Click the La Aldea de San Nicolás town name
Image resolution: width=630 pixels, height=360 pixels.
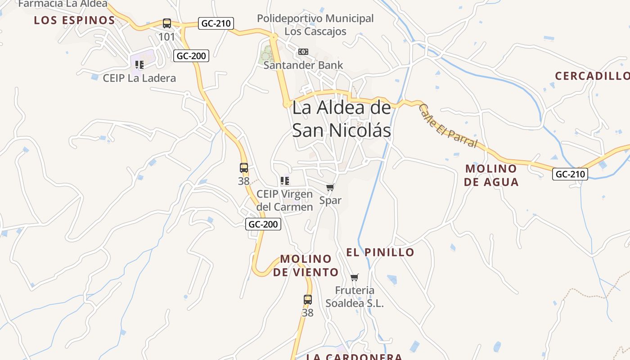click(342, 119)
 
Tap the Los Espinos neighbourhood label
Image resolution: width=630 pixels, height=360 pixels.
click(75, 20)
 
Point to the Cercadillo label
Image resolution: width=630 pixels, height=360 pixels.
click(592, 76)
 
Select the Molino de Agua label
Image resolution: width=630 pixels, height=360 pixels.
click(491, 175)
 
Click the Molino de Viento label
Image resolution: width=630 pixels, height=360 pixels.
click(306, 265)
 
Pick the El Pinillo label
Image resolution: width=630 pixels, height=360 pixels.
click(380, 252)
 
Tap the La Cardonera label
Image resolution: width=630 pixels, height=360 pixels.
click(354, 357)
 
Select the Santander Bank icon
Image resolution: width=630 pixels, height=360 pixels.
click(303, 52)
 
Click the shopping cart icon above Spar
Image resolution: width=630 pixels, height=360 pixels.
click(330, 187)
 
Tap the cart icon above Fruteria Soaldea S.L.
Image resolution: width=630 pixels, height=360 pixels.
click(355, 277)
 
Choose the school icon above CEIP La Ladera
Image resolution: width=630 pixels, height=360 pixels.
click(139, 65)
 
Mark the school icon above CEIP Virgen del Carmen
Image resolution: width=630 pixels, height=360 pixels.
click(284, 181)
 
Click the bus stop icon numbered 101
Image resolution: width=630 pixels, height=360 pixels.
click(167, 23)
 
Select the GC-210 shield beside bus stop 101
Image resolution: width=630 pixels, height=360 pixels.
click(216, 23)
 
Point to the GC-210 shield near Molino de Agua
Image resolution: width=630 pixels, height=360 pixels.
click(570, 174)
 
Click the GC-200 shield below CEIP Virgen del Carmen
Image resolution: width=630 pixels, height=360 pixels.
click(263, 224)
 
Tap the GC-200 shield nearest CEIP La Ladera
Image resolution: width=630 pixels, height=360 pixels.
click(191, 56)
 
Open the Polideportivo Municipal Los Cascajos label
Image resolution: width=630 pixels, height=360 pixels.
click(315, 25)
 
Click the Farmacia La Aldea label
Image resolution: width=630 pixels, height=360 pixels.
click(63, 4)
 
